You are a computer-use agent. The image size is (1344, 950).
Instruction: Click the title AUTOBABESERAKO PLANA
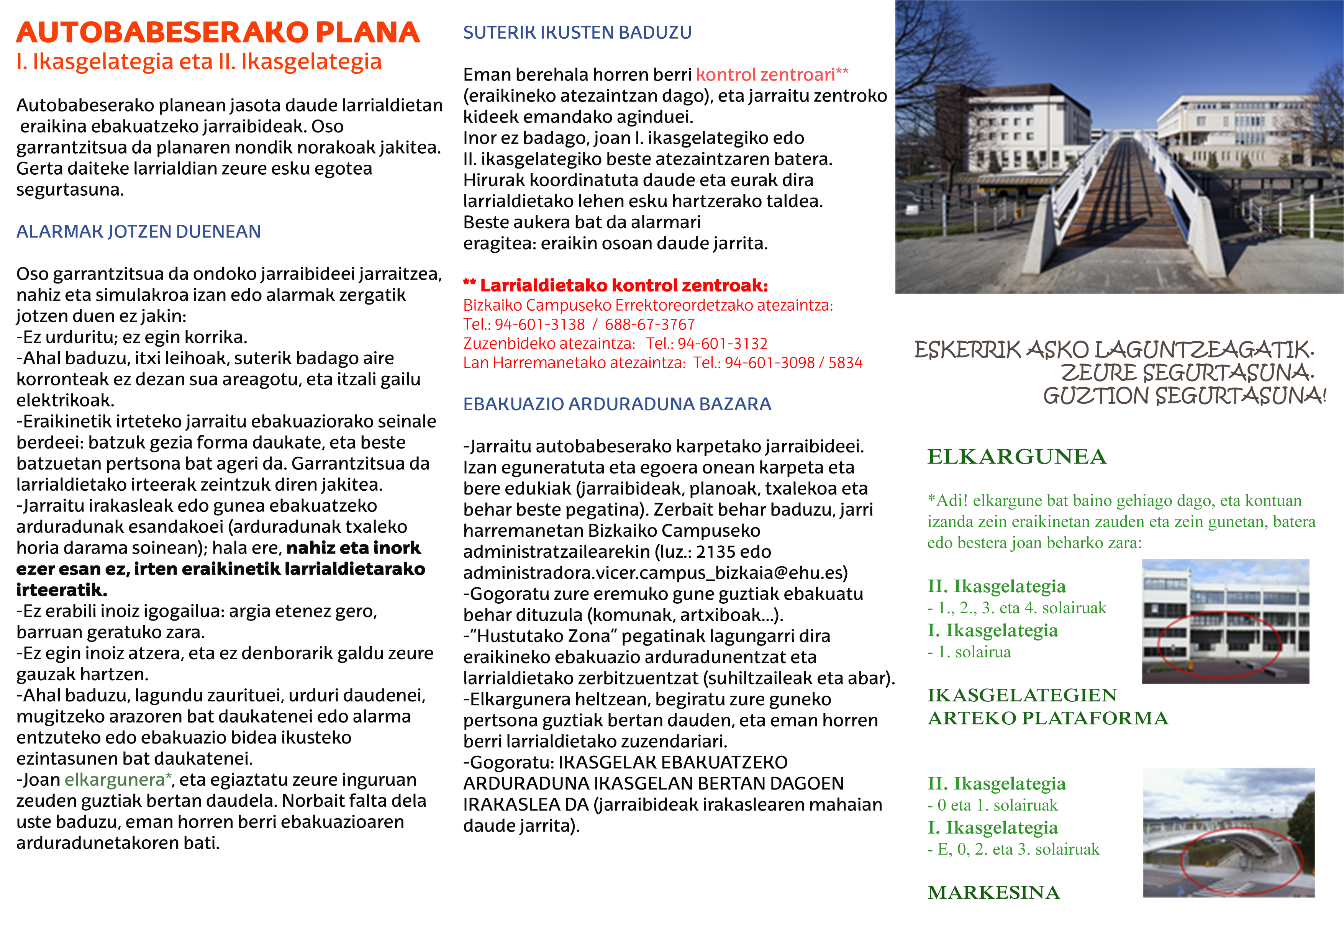coord(218,33)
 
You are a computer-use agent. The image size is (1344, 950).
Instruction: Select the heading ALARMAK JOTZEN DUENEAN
coord(138,232)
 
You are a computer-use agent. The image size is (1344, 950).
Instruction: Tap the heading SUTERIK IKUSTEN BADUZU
coord(577,33)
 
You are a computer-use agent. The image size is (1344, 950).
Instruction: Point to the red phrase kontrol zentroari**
coord(772,75)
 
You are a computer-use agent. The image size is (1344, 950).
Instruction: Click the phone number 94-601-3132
coord(722,344)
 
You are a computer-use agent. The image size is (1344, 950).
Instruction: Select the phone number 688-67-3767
coord(650,324)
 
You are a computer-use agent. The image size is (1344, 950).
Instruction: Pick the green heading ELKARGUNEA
coord(1017,457)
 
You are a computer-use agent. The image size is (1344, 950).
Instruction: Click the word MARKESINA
coord(993,892)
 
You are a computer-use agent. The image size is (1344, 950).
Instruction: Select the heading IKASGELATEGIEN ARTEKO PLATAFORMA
coord(1047,706)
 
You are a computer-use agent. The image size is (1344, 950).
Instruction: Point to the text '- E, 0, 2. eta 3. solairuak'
coord(1013,849)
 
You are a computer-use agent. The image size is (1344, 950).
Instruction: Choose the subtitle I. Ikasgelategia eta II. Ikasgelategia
coord(199,61)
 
